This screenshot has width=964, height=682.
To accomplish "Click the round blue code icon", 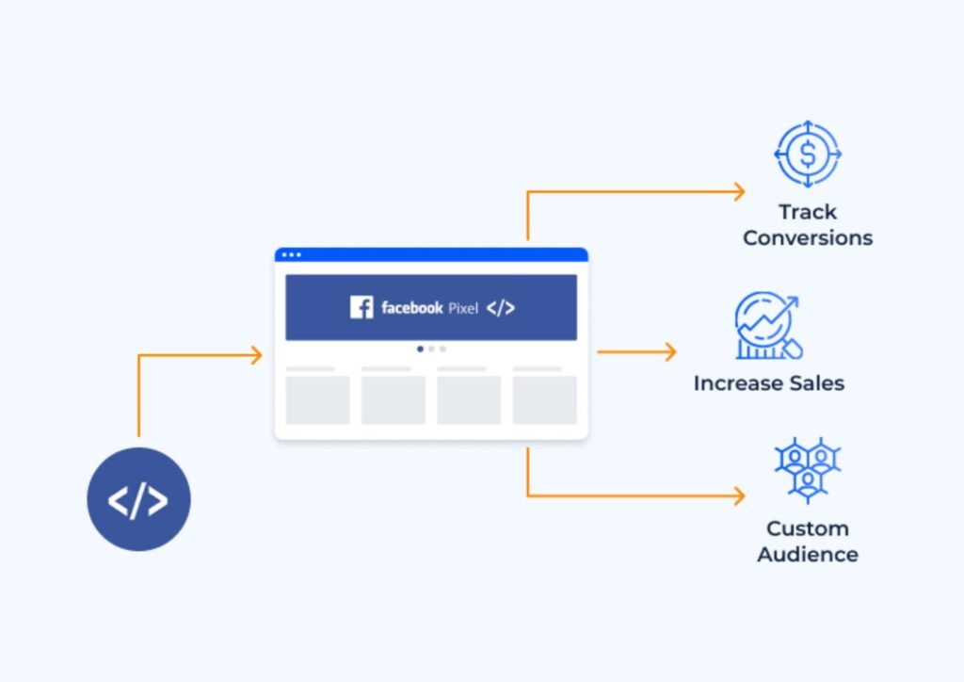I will point(138,499).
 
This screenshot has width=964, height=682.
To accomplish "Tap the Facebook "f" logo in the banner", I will point(361,307).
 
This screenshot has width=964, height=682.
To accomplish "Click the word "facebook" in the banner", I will point(412,308).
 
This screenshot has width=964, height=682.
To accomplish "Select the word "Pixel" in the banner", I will point(463,308).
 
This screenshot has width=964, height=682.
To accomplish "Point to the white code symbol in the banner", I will point(501,308).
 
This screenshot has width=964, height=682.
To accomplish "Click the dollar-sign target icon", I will point(807,153).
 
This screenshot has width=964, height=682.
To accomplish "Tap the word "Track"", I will point(807,212).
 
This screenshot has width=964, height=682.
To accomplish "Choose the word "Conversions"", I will point(807,238).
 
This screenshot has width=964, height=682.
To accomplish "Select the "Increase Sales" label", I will point(768,383).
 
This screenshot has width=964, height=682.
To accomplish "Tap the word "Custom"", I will point(807,528).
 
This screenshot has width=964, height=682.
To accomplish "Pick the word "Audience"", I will point(807,554).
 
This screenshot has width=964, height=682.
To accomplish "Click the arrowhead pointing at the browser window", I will point(255,355).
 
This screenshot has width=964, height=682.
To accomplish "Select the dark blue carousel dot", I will point(420,349).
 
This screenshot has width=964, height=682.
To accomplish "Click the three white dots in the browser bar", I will point(292,254).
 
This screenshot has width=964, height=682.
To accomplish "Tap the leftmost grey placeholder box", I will point(317,400).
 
